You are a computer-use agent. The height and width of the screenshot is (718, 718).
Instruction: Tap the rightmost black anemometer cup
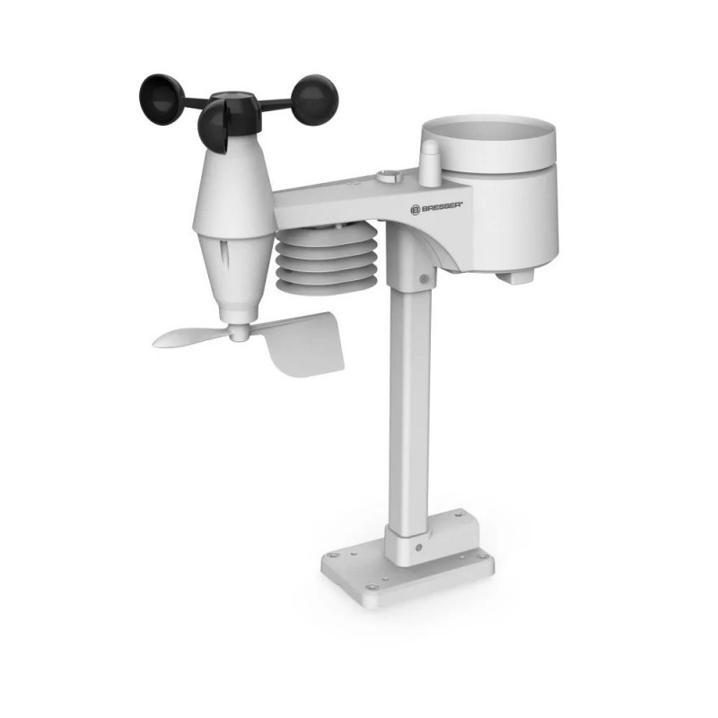[x=315, y=99]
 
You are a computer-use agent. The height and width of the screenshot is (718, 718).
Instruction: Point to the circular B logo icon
[x=415, y=210]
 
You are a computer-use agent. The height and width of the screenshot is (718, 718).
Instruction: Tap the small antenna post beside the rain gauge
[x=431, y=163]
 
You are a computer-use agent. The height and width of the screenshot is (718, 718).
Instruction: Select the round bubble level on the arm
[x=390, y=175]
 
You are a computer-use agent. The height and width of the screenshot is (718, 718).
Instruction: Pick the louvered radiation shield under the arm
[x=327, y=258]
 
